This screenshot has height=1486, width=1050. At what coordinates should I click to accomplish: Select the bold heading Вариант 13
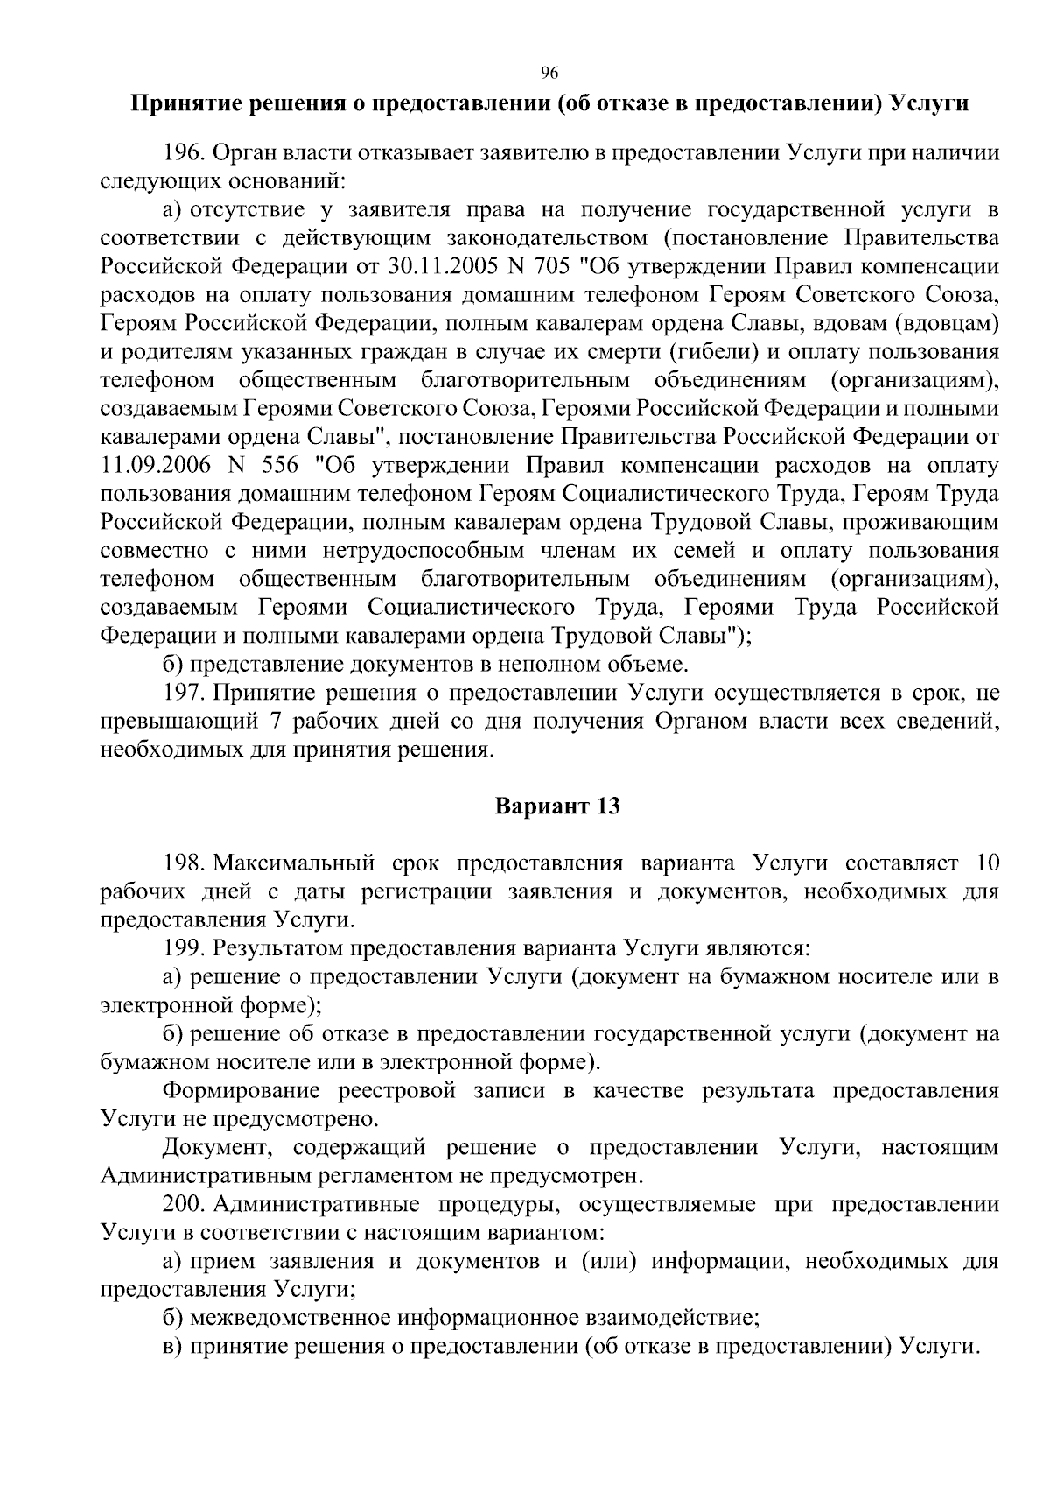coord(557,806)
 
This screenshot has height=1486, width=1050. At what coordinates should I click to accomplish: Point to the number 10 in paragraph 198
coord(985,863)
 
